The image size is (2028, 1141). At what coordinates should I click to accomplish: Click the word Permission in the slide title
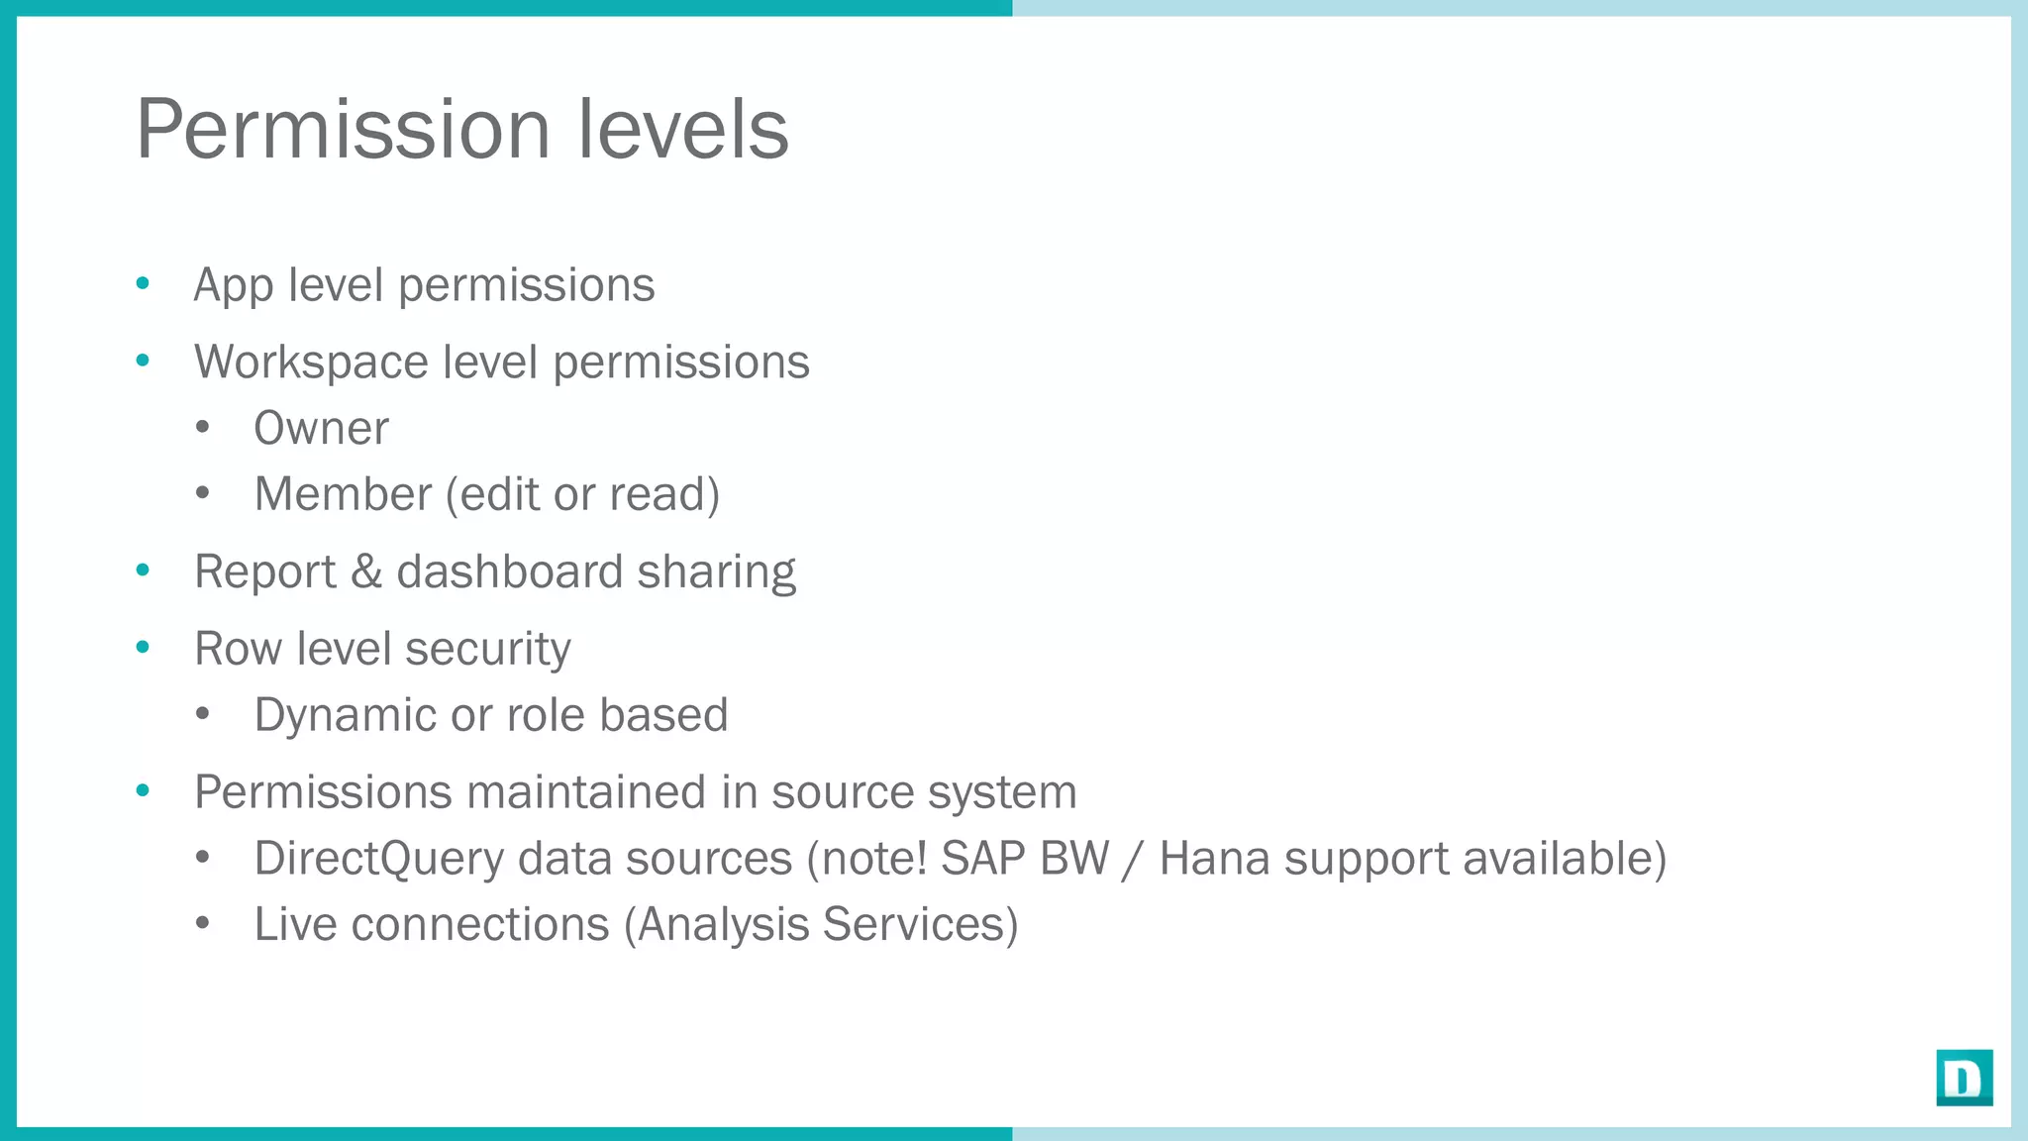click(x=343, y=131)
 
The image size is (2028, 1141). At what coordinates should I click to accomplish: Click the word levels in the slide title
click(x=682, y=129)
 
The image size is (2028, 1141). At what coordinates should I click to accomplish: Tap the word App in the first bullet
click(x=233, y=286)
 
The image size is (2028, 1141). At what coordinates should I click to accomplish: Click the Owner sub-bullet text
click(x=321, y=429)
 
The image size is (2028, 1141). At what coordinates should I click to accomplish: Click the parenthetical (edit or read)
click(x=582, y=494)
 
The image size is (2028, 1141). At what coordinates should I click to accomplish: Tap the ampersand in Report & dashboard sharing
click(x=366, y=572)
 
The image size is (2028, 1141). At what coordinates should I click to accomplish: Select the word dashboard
click(x=509, y=572)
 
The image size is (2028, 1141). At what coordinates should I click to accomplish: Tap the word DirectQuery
click(x=378, y=859)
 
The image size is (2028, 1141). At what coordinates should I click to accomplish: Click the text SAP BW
click(x=1024, y=859)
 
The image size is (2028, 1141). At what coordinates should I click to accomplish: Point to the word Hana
click(x=1214, y=859)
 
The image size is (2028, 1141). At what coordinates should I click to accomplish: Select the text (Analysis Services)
click(x=821, y=925)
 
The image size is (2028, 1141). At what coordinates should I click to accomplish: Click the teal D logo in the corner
click(x=1964, y=1078)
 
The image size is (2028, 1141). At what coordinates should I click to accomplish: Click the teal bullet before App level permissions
click(x=143, y=284)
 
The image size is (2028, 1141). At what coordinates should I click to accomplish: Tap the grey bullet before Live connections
click(x=203, y=923)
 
